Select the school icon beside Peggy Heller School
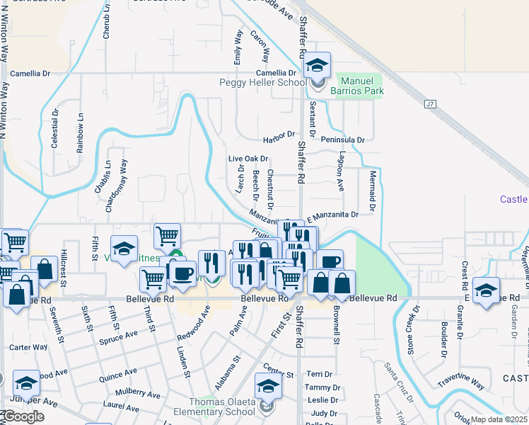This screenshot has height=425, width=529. (318, 67)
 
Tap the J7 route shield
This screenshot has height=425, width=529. (429, 104)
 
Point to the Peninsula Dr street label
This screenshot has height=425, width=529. (342, 140)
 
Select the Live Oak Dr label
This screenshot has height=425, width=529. (248, 159)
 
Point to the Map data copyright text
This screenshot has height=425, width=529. (499, 419)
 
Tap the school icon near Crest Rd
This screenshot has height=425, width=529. (486, 291)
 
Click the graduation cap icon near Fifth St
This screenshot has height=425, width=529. (124, 249)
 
